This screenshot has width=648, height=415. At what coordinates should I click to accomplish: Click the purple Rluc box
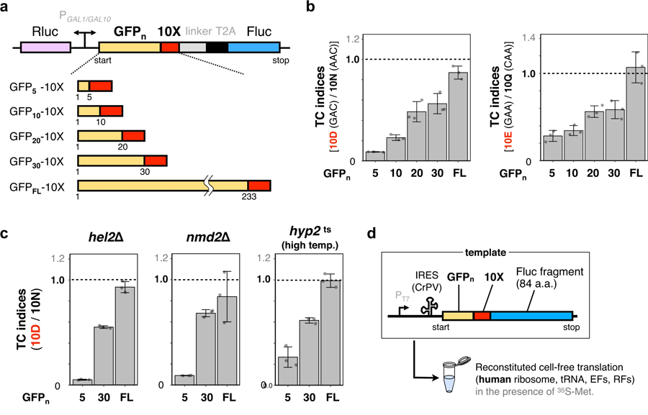[x=45, y=47]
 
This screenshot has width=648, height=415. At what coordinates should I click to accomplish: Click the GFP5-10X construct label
[x=36, y=86]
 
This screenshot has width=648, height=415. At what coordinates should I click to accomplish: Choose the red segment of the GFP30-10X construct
[x=156, y=160]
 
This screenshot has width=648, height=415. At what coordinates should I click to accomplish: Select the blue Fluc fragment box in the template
[x=532, y=316]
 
